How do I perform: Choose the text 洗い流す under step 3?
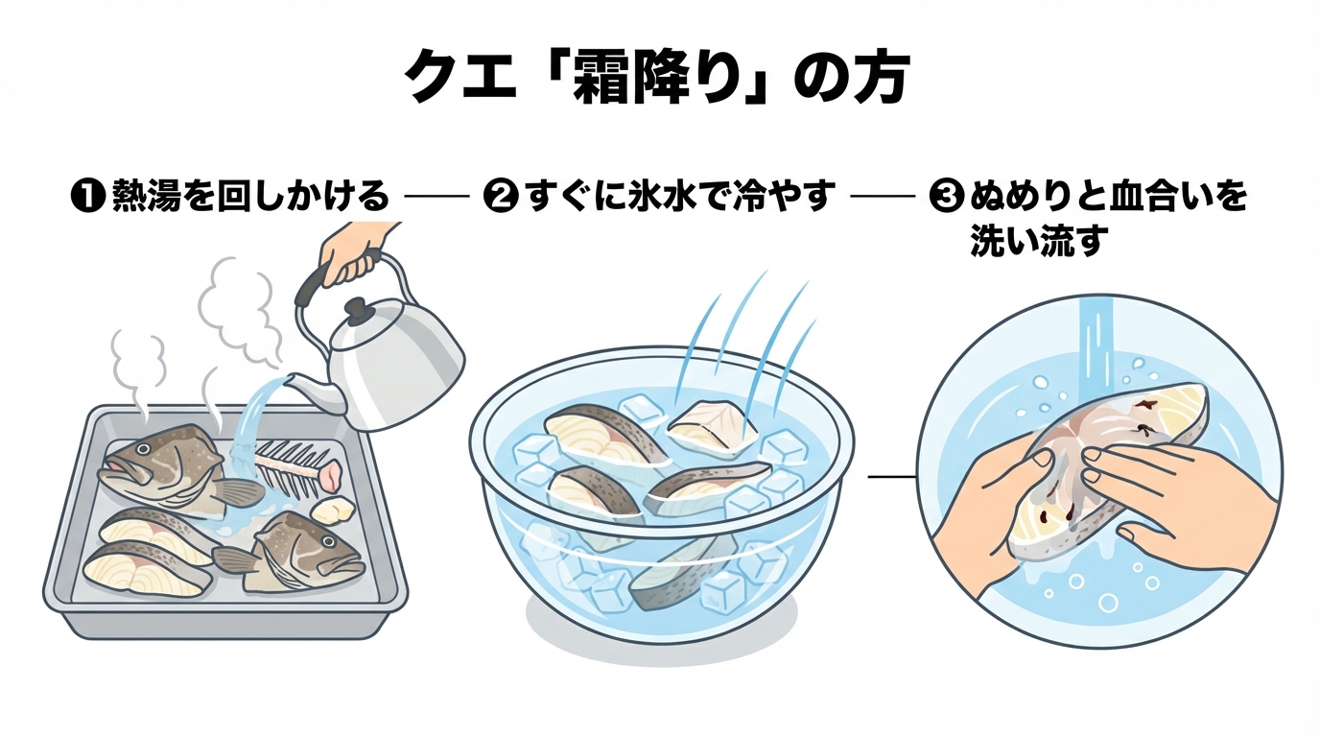(1038, 241)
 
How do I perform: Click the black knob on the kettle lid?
(357, 309)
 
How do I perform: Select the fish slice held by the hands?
(1113, 461)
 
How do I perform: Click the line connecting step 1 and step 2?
(437, 198)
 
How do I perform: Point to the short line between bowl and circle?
(890, 476)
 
